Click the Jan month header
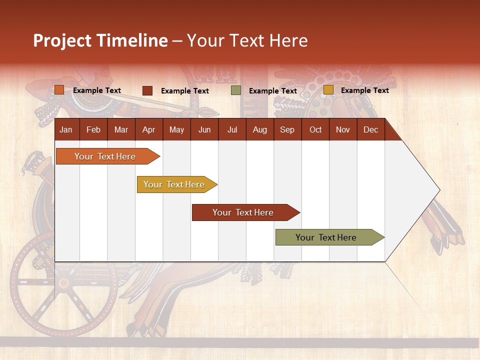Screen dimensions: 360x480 click(x=66, y=129)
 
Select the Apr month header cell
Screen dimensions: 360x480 click(x=148, y=129)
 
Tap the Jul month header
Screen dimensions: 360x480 click(x=232, y=129)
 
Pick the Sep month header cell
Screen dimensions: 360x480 click(x=287, y=129)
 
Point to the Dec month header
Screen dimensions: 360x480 click(x=370, y=129)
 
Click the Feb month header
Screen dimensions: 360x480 click(x=93, y=129)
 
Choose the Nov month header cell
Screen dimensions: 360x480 click(x=342, y=129)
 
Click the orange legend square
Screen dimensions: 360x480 click(x=59, y=90)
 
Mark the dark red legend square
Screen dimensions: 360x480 click(x=147, y=90)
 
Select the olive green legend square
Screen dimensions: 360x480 click(x=236, y=90)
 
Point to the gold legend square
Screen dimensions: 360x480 click(x=328, y=90)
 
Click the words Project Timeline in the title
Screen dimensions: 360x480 click(x=100, y=40)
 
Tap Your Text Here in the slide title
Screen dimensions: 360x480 click(x=247, y=40)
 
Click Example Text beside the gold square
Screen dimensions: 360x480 click(x=364, y=90)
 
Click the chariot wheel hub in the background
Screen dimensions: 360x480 click(x=63, y=283)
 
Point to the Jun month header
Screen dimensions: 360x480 click(x=204, y=129)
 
